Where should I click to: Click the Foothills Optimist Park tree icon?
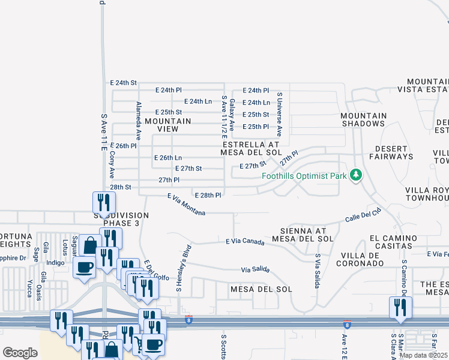357,175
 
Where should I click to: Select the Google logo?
20,353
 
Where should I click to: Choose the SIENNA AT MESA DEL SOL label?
303,235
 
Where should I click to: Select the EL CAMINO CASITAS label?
394,242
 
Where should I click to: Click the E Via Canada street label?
245,242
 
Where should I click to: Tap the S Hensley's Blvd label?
182,268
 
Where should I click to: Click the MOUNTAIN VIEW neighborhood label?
168,125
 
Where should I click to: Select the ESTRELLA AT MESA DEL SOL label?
252,148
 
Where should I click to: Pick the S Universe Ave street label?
279,115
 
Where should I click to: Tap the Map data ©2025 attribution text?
423,355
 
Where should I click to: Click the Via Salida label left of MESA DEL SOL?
255,270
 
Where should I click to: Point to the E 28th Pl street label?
208,195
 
